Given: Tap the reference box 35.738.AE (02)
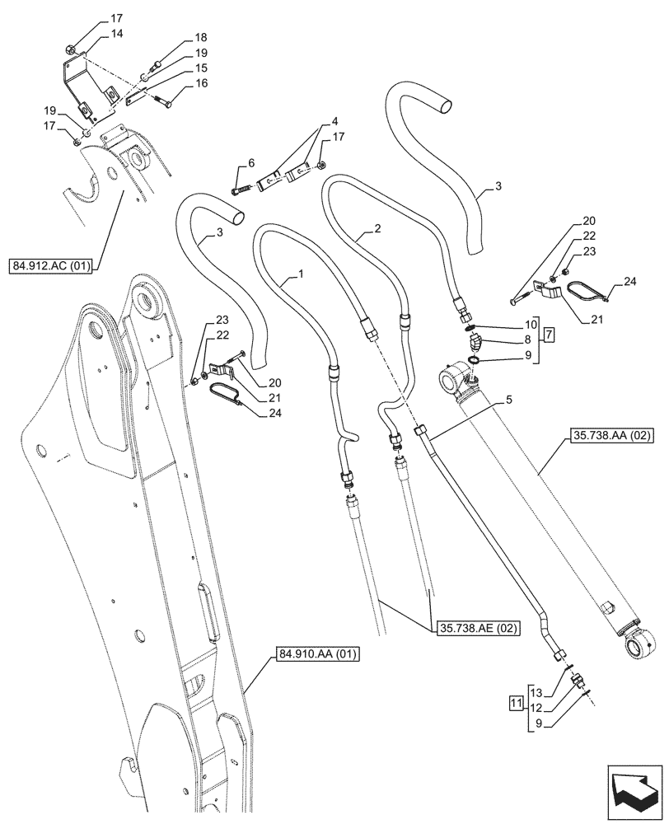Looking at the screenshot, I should click(x=470, y=628).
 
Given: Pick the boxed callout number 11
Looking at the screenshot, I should click(x=517, y=705).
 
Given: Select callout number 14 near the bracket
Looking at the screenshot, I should click(x=117, y=34).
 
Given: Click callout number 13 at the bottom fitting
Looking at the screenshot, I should click(x=536, y=691).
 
